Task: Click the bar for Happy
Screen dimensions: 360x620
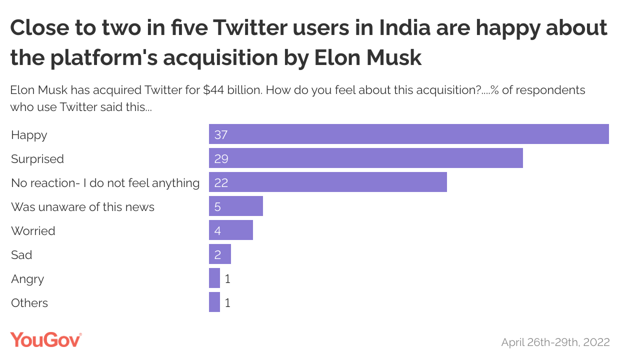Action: (x=408, y=134)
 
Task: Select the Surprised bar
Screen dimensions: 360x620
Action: (x=365, y=158)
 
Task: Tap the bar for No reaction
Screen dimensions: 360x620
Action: (x=327, y=182)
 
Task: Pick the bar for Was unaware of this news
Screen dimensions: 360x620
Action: (x=235, y=206)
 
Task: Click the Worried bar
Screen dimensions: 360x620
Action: (x=230, y=230)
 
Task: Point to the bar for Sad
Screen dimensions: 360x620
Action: (x=219, y=254)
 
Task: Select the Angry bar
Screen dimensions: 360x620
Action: (x=214, y=278)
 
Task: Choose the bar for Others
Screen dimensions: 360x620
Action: (x=214, y=302)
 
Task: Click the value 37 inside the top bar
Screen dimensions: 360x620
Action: (x=221, y=135)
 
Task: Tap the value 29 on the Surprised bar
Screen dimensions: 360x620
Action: (x=221, y=159)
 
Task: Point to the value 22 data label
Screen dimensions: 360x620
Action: (x=221, y=183)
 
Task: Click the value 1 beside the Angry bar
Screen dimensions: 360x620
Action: (x=227, y=279)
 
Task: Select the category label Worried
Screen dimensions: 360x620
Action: (x=33, y=231)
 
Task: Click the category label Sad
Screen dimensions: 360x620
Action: (x=21, y=255)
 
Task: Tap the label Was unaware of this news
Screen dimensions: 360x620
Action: (x=82, y=207)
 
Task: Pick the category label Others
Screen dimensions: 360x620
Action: (x=29, y=303)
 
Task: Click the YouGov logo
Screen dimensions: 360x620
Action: (x=46, y=340)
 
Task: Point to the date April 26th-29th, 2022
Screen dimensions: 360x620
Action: (x=555, y=342)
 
